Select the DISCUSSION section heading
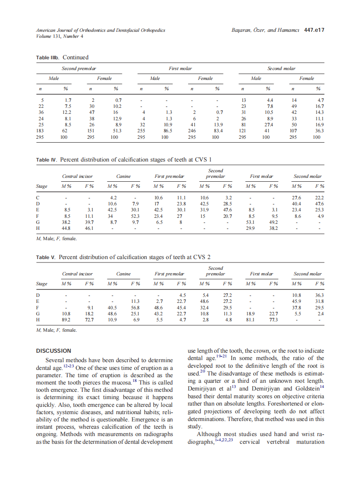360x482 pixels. click(x=54, y=351)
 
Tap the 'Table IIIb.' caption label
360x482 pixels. click(x=48, y=58)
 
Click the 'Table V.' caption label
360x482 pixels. click(x=46, y=257)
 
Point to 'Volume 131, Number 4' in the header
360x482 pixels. click(x=60, y=36)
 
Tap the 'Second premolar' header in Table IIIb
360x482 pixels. click(x=79, y=68)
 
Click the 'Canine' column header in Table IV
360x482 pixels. click(x=123, y=176)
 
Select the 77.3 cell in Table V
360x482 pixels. click(x=273, y=320)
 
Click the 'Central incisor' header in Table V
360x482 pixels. click(x=77, y=274)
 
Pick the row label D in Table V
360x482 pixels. click(x=38, y=296)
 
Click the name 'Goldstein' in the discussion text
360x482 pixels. click(x=304, y=389)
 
